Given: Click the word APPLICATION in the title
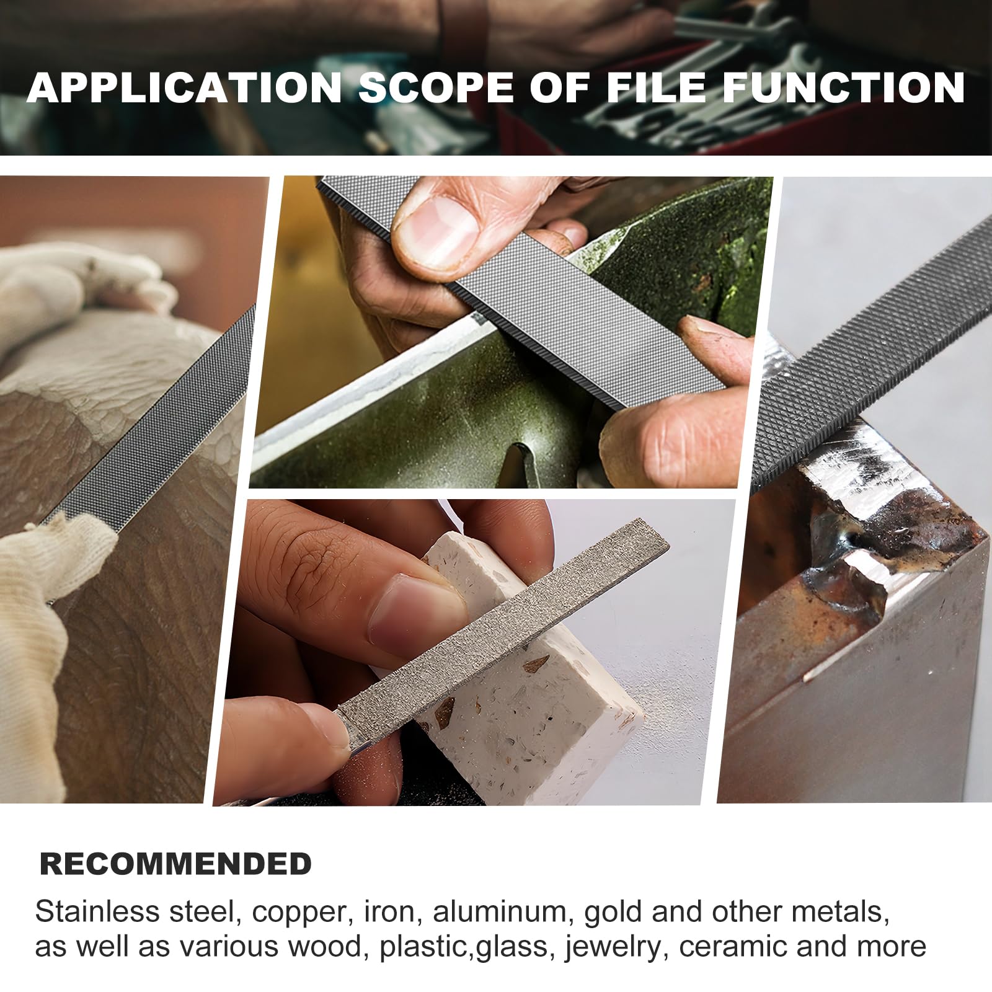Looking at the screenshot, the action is tap(185, 87).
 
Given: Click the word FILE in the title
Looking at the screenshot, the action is tap(657, 87).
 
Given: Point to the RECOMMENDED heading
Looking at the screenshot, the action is tap(175, 864).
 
